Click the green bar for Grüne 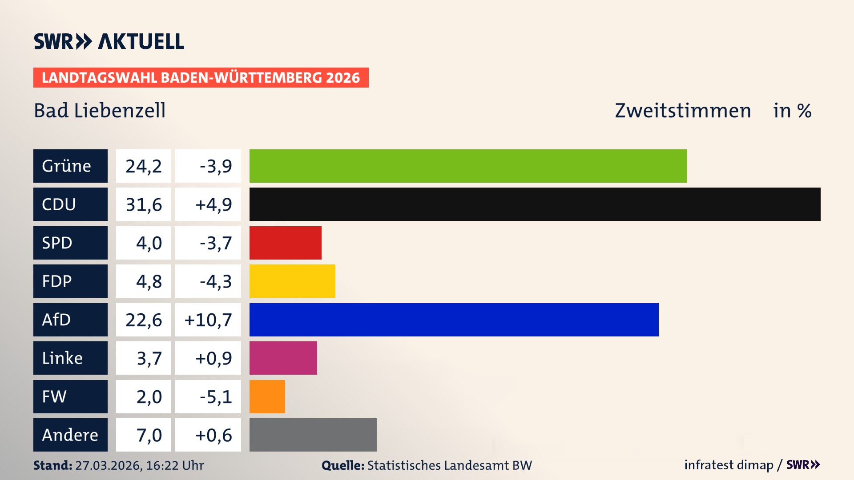[468, 166]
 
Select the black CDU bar [535, 204]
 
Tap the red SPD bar [285, 243]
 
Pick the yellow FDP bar [292, 281]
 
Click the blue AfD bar [454, 320]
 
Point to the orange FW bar [267, 396]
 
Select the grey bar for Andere [313, 435]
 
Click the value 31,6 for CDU [143, 204]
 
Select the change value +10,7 [208, 320]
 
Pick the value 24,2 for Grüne [143, 166]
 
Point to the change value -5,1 [215, 397]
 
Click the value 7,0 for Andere [149, 435]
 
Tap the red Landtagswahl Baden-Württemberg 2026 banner [201, 77]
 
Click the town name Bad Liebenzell [100, 110]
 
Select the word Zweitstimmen [683, 110]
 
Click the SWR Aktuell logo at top [109, 41]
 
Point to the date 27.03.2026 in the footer [108, 465]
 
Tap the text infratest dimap [728, 465]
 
